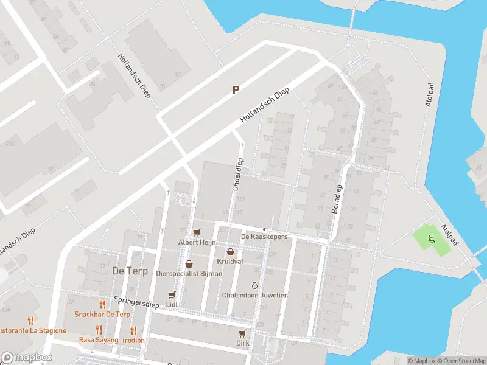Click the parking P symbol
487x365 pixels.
[x=236, y=89]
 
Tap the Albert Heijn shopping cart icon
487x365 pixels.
[x=196, y=232]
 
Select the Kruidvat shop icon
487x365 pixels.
[x=230, y=252]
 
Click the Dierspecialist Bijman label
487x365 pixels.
[x=189, y=274]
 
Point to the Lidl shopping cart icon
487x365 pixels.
[x=172, y=294]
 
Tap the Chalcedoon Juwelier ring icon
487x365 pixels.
[x=254, y=285]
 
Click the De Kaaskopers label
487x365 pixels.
[x=264, y=237]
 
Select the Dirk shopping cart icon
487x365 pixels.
[x=243, y=333]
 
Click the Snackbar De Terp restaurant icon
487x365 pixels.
[x=102, y=304]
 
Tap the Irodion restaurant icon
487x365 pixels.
[x=133, y=330]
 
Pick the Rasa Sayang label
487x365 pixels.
[x=99, y=340]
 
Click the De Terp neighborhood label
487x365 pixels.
[x=130, y=271]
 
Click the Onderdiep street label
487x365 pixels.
[x=237, y=176]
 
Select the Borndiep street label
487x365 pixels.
[x=338, y=199]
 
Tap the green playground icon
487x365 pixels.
[x=432, y=238]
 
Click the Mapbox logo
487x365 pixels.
[x=26, y=358]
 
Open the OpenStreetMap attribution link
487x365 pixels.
[x=461, y=361]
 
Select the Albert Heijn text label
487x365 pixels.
[x=197, y=242]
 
